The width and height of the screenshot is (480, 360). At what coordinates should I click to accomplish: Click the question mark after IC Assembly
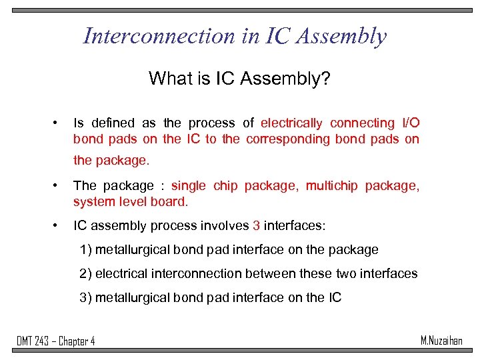326,79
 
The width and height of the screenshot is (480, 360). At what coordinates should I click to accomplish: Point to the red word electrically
291,123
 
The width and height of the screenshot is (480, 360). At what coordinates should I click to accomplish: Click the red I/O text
410,123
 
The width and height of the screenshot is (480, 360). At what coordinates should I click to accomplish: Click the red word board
172,201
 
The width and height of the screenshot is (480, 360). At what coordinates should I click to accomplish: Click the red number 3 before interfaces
257,226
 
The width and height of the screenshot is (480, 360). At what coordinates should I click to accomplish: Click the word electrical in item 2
123,273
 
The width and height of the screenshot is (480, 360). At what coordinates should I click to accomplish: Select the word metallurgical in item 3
135,297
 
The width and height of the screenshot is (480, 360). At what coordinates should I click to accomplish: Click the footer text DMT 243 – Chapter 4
56,341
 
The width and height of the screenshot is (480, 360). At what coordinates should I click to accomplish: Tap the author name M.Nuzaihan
441,341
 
